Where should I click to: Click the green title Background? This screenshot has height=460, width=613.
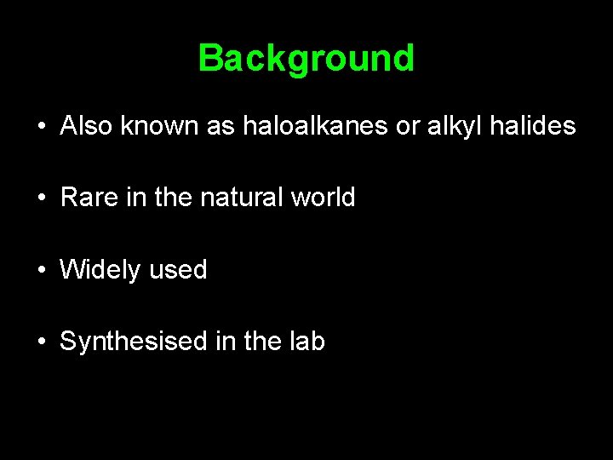click(x=306, y=59)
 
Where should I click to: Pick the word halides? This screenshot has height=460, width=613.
click(x=532, y=127)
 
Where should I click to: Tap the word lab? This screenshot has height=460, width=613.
click(x=306, y=342)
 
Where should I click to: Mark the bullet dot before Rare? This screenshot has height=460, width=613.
click(x=41, y=198)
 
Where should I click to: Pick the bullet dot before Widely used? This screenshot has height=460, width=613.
click(x=41, y=271)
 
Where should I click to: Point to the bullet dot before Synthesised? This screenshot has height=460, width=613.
click(x=41, y=342)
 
